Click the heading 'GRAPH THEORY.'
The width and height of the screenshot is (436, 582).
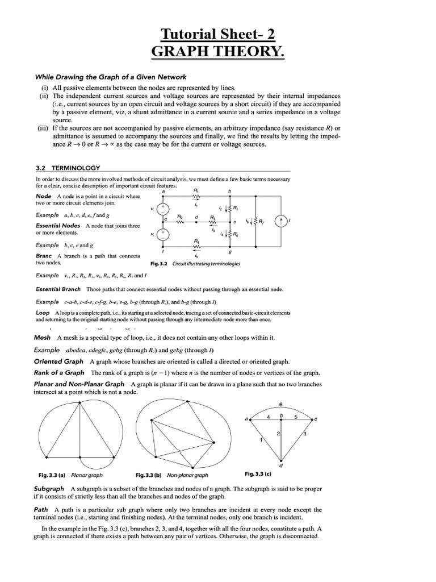(x=218, y=54)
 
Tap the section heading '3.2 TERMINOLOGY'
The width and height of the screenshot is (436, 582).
(x=68, y=168)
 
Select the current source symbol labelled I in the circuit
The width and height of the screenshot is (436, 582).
(x=282, y=222)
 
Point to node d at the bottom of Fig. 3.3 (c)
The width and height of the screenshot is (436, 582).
(x=282, y=461)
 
